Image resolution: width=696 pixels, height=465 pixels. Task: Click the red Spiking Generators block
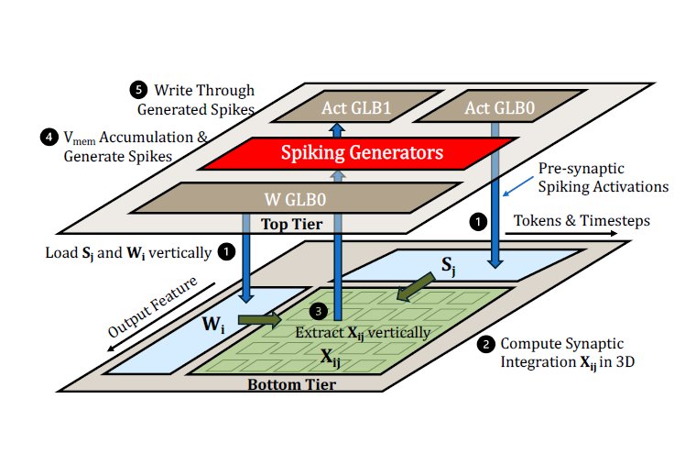(x=359, y=153)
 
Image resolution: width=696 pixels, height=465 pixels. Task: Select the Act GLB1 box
(x=356, y=106)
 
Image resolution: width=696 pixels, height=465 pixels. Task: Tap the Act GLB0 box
(x=501, y=106)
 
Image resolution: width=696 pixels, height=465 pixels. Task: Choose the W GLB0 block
(x=297, y=198)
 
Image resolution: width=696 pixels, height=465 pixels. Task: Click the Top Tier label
(x=291, y=224)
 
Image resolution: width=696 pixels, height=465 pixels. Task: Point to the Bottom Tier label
(x=291, y=384)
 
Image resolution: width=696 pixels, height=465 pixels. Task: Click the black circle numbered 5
(x=138, y=90)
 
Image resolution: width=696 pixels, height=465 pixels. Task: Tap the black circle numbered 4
(x=49, y=137)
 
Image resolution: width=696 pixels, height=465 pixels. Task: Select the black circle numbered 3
(x=319, y=312)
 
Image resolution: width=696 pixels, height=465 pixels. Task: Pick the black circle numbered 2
(x=486, y=345)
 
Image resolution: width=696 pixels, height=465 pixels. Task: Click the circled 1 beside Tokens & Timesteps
(x=478, y=221)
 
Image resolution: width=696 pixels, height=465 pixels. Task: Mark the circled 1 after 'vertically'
(x=226, y=252)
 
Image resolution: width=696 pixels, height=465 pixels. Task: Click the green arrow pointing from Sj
(x=416, y=287)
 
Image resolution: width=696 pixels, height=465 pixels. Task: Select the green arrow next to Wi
(x=260, y=320)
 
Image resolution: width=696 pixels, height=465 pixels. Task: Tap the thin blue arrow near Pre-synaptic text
(x=518, y=186)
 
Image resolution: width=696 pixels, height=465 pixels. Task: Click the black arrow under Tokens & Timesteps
(x=561, y=233)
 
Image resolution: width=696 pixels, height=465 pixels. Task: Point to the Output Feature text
(x=152, y=307)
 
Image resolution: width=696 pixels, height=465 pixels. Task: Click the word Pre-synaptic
(x=581, y=169)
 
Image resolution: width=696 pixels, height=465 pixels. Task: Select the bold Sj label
(x=449, y=266)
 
